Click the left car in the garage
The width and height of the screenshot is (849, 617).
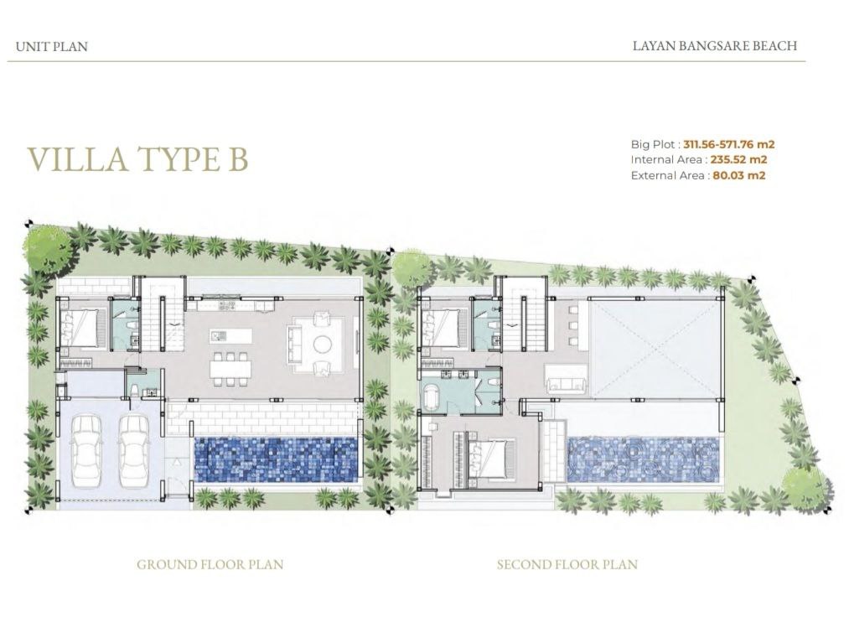point(86,451)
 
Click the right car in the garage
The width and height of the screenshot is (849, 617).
point(134,451)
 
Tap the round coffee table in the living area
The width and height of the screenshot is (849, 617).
point(324,344)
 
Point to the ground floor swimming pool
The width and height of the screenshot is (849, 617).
point(276,460)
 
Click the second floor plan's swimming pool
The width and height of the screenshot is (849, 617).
point(645,460)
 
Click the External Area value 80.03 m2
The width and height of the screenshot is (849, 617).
point(739,175)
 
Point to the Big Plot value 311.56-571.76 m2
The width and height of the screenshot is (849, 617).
point(729,145)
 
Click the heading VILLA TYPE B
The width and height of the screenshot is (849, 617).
point(138,158)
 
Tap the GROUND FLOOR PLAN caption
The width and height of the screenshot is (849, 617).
point(210,564)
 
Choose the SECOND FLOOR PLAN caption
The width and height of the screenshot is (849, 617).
point(567,564)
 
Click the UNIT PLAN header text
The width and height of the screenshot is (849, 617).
point(51,47)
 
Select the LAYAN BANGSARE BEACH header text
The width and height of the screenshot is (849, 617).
point(715,45)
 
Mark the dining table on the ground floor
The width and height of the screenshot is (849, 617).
point(232,369)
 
